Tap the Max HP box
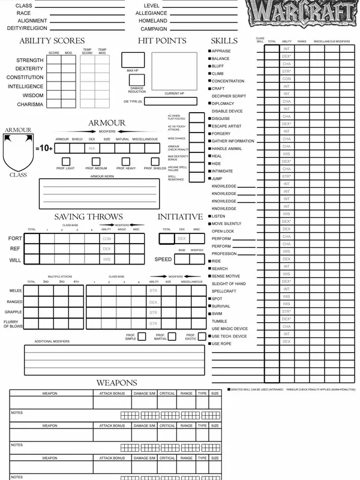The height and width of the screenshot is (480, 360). (x=133, y=60)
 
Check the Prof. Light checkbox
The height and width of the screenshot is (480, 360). (x=65, y=161)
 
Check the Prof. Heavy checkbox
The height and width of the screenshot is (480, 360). (x=126, y=161)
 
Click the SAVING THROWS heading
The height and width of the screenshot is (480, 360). (x=88, y=217)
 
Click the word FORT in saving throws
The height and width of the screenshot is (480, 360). (x=16, y=239)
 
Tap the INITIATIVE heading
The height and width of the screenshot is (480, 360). (x=180, y=217)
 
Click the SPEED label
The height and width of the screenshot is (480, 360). (x=163, y=260)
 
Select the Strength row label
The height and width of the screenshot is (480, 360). (x=30, y=61)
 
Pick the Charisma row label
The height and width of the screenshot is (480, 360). (x=30, y=104)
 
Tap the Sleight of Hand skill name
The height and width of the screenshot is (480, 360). (x=229, y=284)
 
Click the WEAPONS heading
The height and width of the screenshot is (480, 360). (x=116, y=383)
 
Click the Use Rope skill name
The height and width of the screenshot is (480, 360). (x=223, y=344)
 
